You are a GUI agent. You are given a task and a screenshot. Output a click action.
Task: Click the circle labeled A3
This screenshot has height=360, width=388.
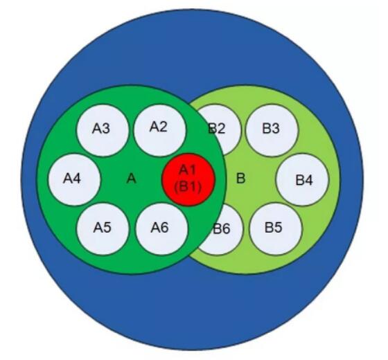coord(103,130)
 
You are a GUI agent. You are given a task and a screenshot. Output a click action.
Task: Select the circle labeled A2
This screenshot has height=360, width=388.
coord(159,130)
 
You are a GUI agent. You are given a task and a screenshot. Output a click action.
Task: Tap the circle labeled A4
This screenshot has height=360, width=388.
coord(74,180)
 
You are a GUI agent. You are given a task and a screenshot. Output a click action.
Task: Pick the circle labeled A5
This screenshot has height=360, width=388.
coord(103,229)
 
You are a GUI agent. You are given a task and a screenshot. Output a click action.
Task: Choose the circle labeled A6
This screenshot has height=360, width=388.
coord(161,229)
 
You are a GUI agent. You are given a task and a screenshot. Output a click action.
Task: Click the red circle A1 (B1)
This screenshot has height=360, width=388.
coord(188,180)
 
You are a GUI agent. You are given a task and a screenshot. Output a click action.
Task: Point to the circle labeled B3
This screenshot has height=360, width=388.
coord(272,130)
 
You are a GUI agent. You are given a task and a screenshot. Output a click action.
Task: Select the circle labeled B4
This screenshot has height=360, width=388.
coord(302,180)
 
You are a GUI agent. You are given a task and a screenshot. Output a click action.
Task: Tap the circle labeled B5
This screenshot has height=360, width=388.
coord(276,229)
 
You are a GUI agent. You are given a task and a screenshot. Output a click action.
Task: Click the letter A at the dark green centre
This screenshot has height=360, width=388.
coord(132,179)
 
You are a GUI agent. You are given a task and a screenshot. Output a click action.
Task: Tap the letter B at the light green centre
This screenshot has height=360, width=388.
coord(241,179)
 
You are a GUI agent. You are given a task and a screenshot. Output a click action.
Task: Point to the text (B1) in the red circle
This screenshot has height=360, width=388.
coord(188,186)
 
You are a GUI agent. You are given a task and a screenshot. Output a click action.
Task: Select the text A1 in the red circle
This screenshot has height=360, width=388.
coord(188,170)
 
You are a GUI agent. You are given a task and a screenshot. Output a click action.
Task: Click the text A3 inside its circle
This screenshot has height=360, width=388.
coord(101,129)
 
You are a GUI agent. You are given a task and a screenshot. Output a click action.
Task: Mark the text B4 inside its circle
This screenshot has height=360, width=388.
coord(304,180)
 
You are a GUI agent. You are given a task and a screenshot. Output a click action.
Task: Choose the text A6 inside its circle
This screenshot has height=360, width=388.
coord(160,228)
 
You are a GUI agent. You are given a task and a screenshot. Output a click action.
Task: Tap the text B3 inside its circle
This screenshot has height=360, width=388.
coord(271,129)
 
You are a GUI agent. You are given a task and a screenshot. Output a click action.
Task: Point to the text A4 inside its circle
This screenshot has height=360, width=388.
coord(72,179)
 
